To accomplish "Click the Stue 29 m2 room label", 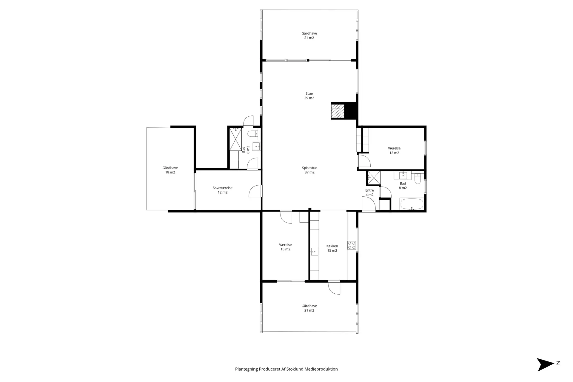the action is (x=309, y=96).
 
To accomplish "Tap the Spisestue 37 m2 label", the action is (x=309, y=170).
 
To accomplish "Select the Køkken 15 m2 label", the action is (x=332, y=248).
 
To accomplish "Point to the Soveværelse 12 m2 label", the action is (x=223, y=190).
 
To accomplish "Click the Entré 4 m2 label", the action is (x=369, y=192).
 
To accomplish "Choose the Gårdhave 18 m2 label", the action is (x=170, y=170).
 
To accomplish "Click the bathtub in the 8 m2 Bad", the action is (x=412, y=204).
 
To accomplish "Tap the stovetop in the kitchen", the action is (x=352, y=245).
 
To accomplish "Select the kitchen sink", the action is (x=314, y=252).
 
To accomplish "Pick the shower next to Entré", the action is (x=374, y=178).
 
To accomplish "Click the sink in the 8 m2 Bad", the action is (x=403, y=175).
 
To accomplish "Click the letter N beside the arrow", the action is (x=558, y=363).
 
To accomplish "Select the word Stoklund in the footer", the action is (x=295, y=369).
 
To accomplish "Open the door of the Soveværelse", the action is (x=256, y=191).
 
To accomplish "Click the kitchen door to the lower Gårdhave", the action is (x=334, y=288).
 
